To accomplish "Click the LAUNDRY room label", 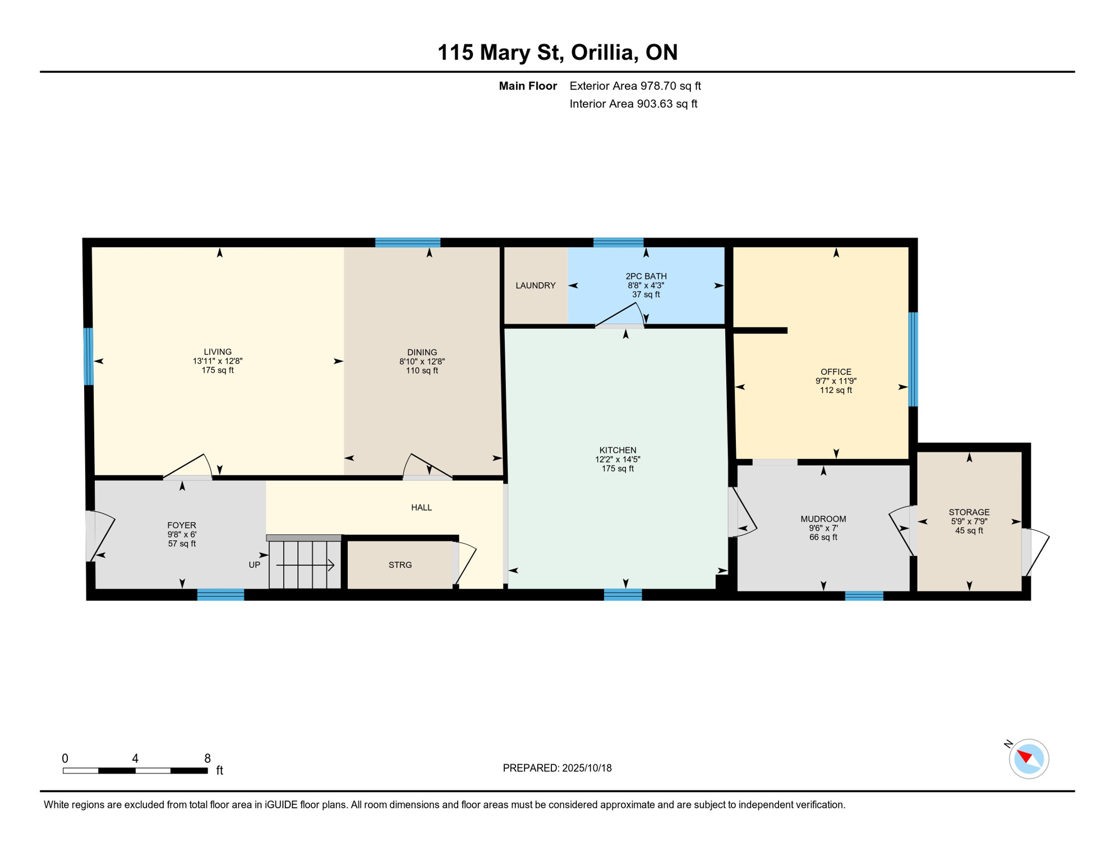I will click(x=535, y=285).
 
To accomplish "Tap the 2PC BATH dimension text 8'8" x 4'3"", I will click(x=646, y=285).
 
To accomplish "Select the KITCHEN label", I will click(x=618, y=450).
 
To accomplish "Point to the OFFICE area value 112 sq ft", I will click(x=836, y=390).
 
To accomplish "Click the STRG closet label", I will click(x=400, y=565).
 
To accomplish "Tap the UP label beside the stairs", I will click(x=255, y=565).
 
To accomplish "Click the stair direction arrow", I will click(x=306, y=566).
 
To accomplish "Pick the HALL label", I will click(x=421, y=508).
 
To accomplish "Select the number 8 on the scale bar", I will click(x=208, y=758).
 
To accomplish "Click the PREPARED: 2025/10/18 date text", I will click(x=557, y=768).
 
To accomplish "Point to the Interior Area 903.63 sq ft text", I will click(x=633, y=104).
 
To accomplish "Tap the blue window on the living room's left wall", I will click(x=88, y=357).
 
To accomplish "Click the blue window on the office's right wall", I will click(x=913, y=359).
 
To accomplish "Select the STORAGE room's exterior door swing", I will click(x=1036, y=553).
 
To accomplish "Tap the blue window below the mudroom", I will click(x=864, y=596).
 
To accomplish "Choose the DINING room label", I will click(x=422, y=353).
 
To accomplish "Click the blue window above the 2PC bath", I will click(x=618, y=243).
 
